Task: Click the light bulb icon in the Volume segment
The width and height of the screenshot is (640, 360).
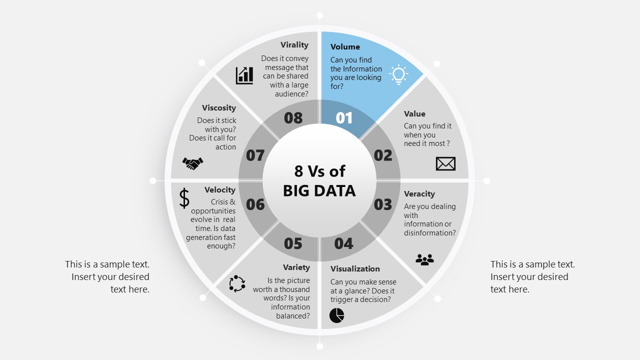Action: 398,74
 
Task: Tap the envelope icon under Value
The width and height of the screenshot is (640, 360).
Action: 445,163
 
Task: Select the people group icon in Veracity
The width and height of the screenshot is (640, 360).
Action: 424,259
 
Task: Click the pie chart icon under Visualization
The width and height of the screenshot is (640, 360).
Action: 337,315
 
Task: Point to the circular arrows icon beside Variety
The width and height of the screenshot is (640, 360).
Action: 237,283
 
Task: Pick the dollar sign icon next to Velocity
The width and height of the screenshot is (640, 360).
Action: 184,198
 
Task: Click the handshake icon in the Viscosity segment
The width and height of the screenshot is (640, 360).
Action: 192,163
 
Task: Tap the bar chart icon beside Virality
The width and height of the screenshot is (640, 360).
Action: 244,75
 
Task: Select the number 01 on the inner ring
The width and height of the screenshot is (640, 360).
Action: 344,118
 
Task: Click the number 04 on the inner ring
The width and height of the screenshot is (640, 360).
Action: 344,243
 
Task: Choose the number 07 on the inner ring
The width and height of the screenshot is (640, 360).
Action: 255,155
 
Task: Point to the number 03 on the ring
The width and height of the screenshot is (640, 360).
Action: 383,204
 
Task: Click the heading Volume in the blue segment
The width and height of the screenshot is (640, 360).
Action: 345,47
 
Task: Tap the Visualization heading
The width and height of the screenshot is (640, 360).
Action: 355,269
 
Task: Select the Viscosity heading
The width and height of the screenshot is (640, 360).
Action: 219,108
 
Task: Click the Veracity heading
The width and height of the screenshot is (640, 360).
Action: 419,194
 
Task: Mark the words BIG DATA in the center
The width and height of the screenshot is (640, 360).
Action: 319,190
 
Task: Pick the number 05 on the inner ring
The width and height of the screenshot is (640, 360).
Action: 293,243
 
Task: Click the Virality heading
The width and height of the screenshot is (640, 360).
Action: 294,45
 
